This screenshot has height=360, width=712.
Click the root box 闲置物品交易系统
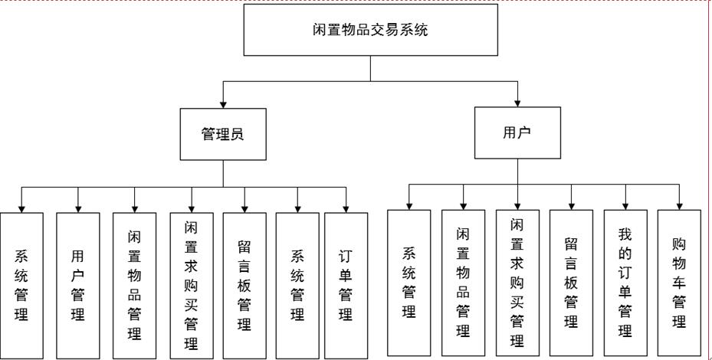(x=371, y=32)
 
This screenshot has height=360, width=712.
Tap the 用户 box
(x=517, y=133)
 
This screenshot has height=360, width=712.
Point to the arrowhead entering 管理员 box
(x=223, y=105)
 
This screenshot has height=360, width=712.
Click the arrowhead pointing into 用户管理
(x=78, y=208)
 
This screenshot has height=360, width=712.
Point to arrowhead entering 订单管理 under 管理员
(x=346, y=208)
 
